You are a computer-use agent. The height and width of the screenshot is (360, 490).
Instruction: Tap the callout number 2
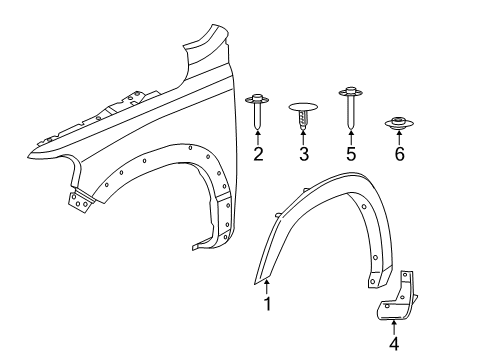258,154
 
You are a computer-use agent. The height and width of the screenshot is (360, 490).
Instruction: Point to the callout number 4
393,345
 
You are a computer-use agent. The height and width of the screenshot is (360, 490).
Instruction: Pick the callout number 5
352,154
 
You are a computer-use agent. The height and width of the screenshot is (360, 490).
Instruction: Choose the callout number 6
399,154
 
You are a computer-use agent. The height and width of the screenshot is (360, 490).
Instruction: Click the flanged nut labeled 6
398,125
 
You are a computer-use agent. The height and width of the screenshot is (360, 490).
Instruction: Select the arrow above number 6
399,139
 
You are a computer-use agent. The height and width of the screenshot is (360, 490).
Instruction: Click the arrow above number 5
352,138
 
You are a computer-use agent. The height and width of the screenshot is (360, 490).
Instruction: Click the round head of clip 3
304,104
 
